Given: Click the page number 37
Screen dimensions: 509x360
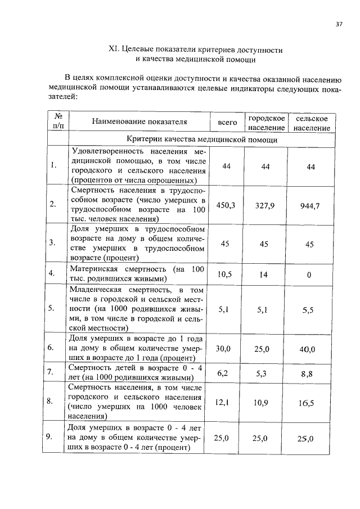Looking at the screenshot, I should [339, 24].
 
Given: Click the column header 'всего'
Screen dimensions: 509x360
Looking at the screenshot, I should [227, 122].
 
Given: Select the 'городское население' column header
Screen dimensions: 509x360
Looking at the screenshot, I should [267, 124].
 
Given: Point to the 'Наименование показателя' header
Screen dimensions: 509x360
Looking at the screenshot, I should [139, 122].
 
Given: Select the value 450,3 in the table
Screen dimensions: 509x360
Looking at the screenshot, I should [226, 205].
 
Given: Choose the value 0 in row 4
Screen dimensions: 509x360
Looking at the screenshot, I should [309, 275].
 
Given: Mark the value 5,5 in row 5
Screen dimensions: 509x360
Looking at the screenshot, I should [308, 309].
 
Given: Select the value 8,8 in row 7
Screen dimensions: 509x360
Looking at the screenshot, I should [308, 372].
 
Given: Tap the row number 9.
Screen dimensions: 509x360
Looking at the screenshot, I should [51, 436].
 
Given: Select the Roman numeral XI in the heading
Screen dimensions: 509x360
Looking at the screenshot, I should [112, 50].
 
